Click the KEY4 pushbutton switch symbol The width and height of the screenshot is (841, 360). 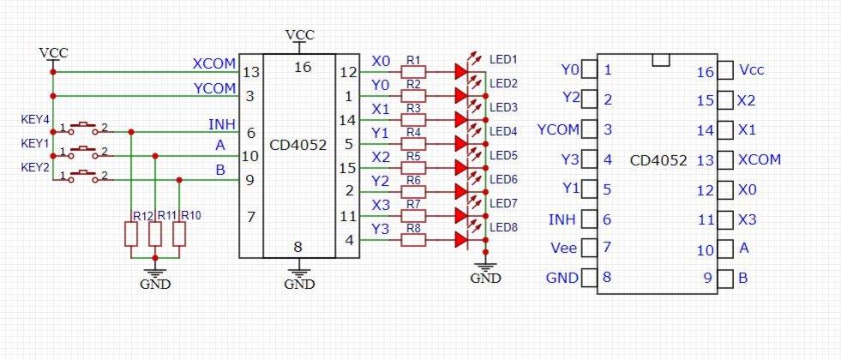pos(83,129)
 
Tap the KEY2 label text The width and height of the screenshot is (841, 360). pos(35,166)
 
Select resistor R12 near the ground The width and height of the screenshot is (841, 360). pos(131,234)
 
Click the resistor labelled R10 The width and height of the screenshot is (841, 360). pos(179,234)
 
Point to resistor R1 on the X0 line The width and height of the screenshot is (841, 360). pos(413,73)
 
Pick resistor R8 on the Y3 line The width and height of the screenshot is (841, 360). pos(413,241)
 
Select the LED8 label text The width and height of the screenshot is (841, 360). pos(503,227)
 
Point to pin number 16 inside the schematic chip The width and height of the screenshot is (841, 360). pos(298,65)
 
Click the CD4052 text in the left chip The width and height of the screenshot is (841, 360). pos(298,145)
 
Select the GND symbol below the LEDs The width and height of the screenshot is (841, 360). pos(486,273)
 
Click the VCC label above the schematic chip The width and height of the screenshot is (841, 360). pos(299,34)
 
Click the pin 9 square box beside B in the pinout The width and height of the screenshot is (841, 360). pos(725,278)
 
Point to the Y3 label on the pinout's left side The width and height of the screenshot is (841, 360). pos(571,159)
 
